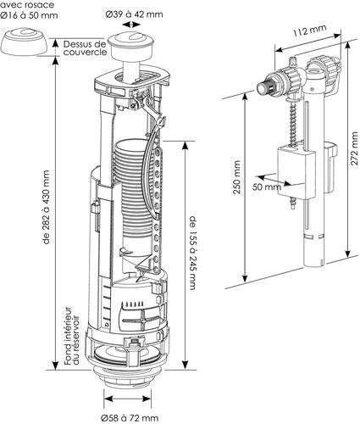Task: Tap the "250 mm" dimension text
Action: click(x=238, y=180)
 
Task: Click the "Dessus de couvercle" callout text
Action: click(x=85, y=47)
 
